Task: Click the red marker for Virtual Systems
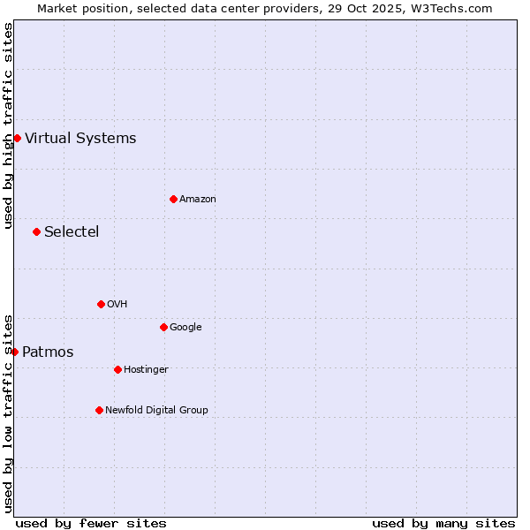point(17,138)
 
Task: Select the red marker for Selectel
point(36,231)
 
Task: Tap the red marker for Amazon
point(173,199)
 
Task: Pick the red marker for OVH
point(101,304)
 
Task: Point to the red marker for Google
point(163,327)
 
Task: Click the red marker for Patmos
point(14,352)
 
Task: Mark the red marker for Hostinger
point(117,369)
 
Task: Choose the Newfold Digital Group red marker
point(99,410)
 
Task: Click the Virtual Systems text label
point(80,138)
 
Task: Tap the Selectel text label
point(72,231)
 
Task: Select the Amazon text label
point(198,199)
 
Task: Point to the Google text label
point(185,327)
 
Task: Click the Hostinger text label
point(146,369)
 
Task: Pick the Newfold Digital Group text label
point(156,410)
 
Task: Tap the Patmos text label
point(48,352)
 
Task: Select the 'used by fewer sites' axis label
point(91,523)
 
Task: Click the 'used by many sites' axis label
point(443,523)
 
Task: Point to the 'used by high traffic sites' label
point(8,125)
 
